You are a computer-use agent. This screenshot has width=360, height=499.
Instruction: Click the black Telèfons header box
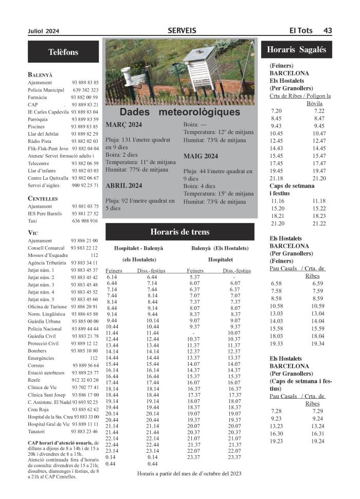pyautogui.click(x=63, y=52)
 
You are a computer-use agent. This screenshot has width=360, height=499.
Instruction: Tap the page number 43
pyautogui.click(x=328, y=31)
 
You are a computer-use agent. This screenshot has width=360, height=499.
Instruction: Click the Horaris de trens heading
pyautogui.click(x=179, y=232)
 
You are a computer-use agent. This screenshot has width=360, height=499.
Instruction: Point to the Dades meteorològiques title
pyautogui.click(x=179, y=112)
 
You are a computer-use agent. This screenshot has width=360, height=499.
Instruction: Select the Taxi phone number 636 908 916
pyautogui.click(x=85, y=221)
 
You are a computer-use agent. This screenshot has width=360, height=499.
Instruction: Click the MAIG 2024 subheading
pyautogui.click(x=200, y=156)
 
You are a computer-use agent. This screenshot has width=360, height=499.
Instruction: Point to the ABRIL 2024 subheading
pyautogui.click(x=124, y=186)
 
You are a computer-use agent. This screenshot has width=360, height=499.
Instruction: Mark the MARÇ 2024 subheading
pyautogui.click(x=124, y=124)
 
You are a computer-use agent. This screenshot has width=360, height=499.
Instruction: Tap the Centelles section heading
pyautogui.click(x=43, y=198)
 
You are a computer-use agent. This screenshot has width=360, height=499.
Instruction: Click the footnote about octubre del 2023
pyautogui.click(x=189, y=473)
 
